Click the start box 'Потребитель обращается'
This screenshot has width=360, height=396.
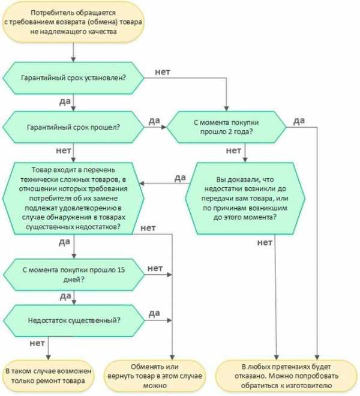coord(73,22)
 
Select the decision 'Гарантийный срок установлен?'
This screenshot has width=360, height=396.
coord(73,78)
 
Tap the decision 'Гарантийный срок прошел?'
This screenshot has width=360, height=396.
coord(73,127)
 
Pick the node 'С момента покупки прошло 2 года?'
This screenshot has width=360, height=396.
coord(226,127)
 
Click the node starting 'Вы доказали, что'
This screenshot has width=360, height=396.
coord(245,198)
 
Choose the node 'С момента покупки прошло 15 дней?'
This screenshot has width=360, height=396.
coord(74,275)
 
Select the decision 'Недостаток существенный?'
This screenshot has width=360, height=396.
coord(74,320)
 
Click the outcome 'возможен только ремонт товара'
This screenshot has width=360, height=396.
coord(48,376)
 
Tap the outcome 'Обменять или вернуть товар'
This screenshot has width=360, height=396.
coord(155,376)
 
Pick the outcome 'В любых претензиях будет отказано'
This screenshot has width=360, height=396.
coord(286,376)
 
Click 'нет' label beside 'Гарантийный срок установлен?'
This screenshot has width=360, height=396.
coord(163,72)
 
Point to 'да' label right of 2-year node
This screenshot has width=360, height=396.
coord(299,121)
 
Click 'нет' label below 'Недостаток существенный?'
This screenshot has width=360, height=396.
coord(37,343)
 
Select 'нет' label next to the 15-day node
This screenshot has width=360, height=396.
coord(155,268)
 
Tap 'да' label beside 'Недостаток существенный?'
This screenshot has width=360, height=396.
coord(154,313)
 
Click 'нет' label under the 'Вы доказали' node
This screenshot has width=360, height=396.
coord(265,243)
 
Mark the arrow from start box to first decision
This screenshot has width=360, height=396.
coord(73,52)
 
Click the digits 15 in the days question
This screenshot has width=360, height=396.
coord(121,270)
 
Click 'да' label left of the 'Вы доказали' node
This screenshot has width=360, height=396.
coord(180,178)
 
